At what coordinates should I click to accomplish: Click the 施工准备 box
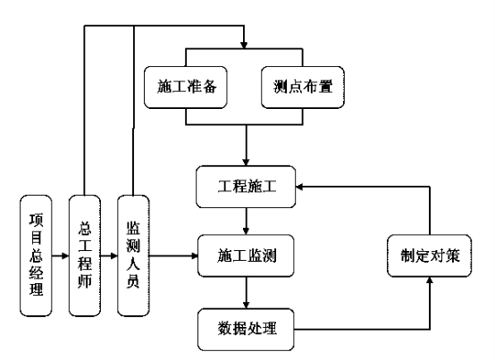click(x=186, y=87)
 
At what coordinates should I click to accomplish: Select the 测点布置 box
click(x=303, y=87)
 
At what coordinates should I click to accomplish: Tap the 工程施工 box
click(x=246, y=187)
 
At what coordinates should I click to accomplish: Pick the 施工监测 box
click(x=246, y=255)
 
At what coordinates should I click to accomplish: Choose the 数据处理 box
click(x=246, y=330)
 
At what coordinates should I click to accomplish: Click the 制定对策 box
click(x=430, y=255)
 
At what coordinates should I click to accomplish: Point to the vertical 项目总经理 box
click(x=36, y=255)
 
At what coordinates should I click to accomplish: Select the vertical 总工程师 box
click(x=85, y=255)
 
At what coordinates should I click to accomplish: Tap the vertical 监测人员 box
click(x=133, y=255)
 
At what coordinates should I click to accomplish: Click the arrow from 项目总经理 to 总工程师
click(x=60, y=255)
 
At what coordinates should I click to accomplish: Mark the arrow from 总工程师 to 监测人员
click(x=109, y=255)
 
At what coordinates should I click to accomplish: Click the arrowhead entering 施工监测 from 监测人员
click(x=195, y=255)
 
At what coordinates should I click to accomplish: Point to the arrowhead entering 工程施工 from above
click(x=246, y=163)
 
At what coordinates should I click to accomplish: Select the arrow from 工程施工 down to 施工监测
click(x=246, y=222)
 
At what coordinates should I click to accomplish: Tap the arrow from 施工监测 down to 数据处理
click(x=246, y=293)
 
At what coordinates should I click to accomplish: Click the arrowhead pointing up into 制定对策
click(x=430, y=280)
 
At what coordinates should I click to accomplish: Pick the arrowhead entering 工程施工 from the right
click(x=299, y=187)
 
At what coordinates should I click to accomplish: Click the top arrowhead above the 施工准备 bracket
click(x=244, y=46)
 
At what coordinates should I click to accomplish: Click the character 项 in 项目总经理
click(x=36, y=220)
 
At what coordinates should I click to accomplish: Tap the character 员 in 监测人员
click(x=133, y=281)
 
